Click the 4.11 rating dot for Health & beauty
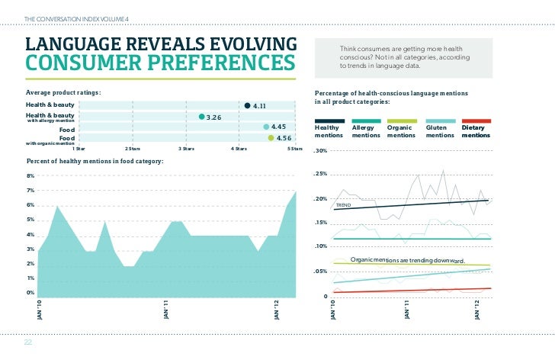pyautogui.click(x=246, y=105)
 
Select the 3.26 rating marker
pyautogui.click(x=201, y=117)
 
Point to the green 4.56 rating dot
pyautogui.click(x=271, y=137)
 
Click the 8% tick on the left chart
pyautogui.click(x=30, y=175)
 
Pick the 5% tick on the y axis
pyautogui.click(x=30, y=220)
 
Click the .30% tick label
pyautogui.click(x=320, y=150)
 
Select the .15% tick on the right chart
pyautogui.click(x=320, y=223)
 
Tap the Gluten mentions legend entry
pyautogui.click(x=440, y=131)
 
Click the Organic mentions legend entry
pyautogui.click(x=402, y=131)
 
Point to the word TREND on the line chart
pyautogui.click(x=344, y=206)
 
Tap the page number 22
pyautogui.click(x=28, y=342)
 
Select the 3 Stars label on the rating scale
pyautogui.click(x=185, y=148)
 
